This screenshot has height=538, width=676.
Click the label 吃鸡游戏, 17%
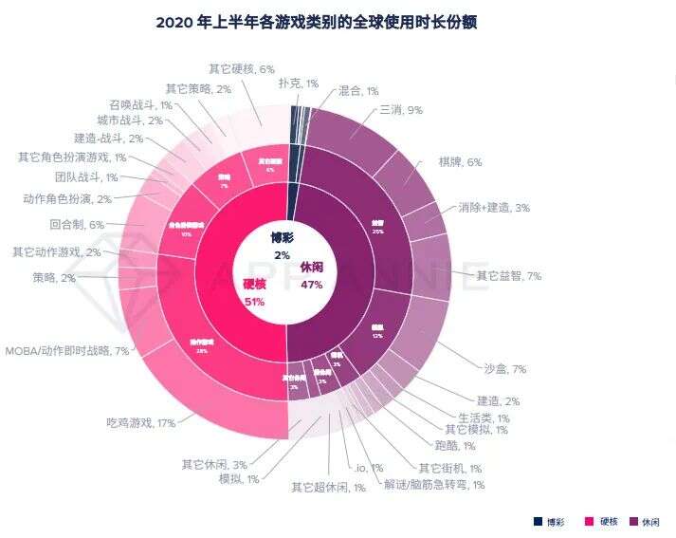140,423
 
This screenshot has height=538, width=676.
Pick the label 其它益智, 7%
508,276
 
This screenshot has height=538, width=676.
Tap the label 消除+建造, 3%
493,207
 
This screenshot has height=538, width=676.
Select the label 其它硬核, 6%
241,68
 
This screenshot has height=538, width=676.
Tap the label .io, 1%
368,468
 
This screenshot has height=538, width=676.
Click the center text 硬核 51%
254,292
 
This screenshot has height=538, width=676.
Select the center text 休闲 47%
312,275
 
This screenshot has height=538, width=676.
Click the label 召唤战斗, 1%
139,104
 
